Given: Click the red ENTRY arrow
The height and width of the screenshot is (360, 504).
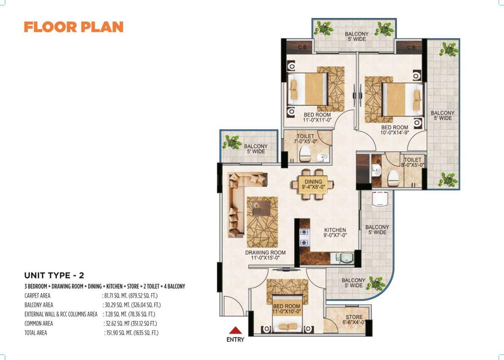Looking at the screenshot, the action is pos(235,331).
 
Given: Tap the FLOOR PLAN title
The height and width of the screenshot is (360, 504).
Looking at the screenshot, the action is pos(73,27).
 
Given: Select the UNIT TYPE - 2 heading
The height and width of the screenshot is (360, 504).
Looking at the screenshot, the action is pos(54,275).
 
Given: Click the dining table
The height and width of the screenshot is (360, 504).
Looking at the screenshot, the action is pos(312,184).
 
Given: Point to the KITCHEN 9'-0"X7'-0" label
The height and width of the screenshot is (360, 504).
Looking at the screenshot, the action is pos(335,232).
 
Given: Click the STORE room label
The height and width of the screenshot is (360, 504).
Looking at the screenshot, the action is pos(354,320).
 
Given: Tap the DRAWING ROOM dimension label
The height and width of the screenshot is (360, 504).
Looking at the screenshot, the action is pos(265,255).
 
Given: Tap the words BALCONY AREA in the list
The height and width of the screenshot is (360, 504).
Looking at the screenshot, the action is pos(39,305).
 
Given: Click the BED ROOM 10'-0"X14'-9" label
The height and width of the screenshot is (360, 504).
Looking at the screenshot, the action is pos(395,130).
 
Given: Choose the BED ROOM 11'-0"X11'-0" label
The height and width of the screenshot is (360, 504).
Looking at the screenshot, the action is pos(317,117).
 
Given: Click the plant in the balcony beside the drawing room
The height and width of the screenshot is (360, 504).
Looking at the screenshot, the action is pos(232,142).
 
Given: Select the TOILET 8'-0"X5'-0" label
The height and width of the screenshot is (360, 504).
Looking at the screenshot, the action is pos(412,162).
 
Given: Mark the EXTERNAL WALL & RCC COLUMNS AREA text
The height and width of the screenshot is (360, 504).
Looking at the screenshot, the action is pos(61,314).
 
